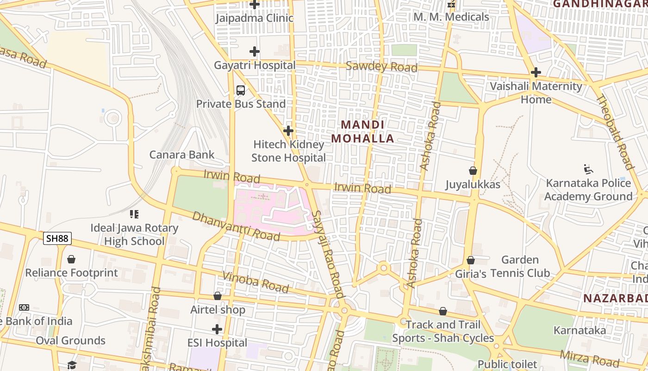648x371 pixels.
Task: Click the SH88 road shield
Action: point(58,238)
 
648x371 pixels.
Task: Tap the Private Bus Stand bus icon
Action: point(241,90)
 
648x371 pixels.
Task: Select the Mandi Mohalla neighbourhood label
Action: point(362,132)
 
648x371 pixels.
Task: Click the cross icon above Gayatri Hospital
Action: point(254,51)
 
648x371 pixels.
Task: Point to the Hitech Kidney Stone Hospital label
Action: point(288,151)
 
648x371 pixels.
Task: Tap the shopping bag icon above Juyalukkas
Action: point(473,171)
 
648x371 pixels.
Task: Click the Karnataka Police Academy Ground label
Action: point(588,190)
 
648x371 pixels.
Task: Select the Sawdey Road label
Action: point(381,66)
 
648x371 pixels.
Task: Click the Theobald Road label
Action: point(615,132)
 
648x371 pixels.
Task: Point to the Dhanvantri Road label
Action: point(236,226)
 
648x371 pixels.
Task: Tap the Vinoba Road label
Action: point(255,282)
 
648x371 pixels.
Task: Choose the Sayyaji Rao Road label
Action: point(328,254)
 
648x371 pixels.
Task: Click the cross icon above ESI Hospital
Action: point(217,329)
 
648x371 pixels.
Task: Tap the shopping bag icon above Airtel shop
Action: point(218,296)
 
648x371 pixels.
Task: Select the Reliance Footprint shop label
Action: point(72,273)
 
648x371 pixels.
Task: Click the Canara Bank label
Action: point(182,154)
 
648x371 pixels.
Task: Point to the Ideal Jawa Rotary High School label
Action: point(134,234)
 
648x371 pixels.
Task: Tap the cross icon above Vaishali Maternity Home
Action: point(536,72)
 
